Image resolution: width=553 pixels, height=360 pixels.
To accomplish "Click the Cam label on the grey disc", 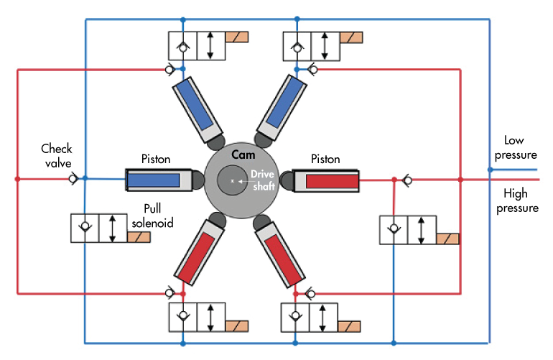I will point(239,154).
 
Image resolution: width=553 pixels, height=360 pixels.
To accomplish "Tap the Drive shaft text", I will point(263,179).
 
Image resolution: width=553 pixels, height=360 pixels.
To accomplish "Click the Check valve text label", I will point(57,154).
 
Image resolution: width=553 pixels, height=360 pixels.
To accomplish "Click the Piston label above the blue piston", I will point(156,159).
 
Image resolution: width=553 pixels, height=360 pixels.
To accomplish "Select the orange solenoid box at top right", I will point(352,37).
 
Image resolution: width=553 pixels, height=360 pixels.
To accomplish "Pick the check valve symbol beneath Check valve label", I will point(73,178).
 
